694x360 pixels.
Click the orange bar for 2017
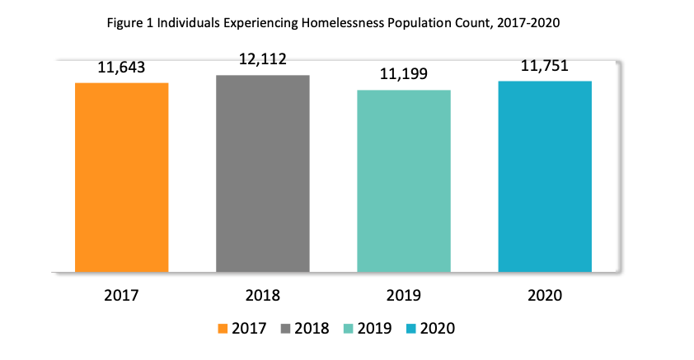click(x=121, y=177)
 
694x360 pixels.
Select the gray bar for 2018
click(x=263, y=173)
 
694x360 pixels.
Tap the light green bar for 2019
click(x=404, y=180)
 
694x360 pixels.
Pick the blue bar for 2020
click(x=545, y=176)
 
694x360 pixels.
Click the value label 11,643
click(x=121, y=68)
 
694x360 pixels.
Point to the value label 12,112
click(x=263, y=59)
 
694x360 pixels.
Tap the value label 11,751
click(x=545, y=66)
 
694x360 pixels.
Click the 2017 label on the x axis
click(x=121, y=294)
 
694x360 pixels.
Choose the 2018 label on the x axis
click(x=263, y=294)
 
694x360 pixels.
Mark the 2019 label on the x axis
click(x=404, y=294)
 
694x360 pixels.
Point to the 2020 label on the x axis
click(x=545, y=294)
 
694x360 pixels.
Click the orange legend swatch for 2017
click(x=223, y=329)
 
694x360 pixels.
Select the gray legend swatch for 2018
click(x=286, y=329)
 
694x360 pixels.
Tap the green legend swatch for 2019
click(x=349, y=329)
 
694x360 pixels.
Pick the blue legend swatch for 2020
click(x=411, y=329)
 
